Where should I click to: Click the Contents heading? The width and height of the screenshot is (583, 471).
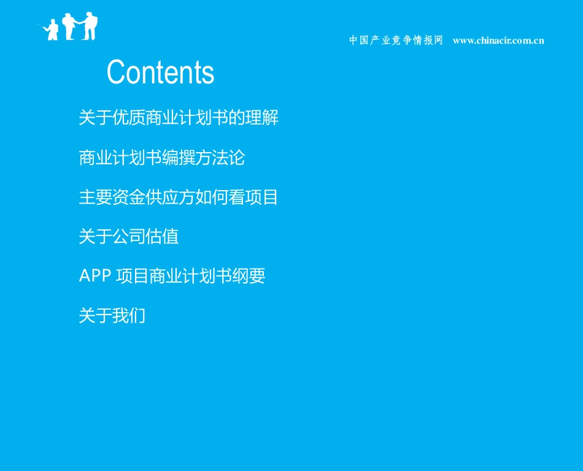tap(160, 72)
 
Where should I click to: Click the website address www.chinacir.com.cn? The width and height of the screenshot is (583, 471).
tap(498, 40)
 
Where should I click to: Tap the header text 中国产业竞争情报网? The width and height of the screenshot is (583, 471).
tap(396, 40)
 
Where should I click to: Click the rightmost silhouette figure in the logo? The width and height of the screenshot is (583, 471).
tap(90, 26)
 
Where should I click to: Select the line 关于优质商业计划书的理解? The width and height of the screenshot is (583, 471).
tap(179, 118)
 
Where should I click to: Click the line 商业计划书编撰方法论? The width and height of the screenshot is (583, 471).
tap(162, 158)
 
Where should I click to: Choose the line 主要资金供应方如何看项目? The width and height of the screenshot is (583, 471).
tap(179, 197)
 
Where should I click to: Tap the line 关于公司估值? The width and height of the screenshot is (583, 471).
tap(129, 237)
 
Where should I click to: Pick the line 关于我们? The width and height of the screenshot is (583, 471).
tap(112, 316)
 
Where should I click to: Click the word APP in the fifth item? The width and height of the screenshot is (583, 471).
tap(95, 276)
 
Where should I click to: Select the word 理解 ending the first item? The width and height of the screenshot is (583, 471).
tap(262, 118)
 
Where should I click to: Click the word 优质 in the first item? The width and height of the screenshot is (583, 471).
tap(129, 118)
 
